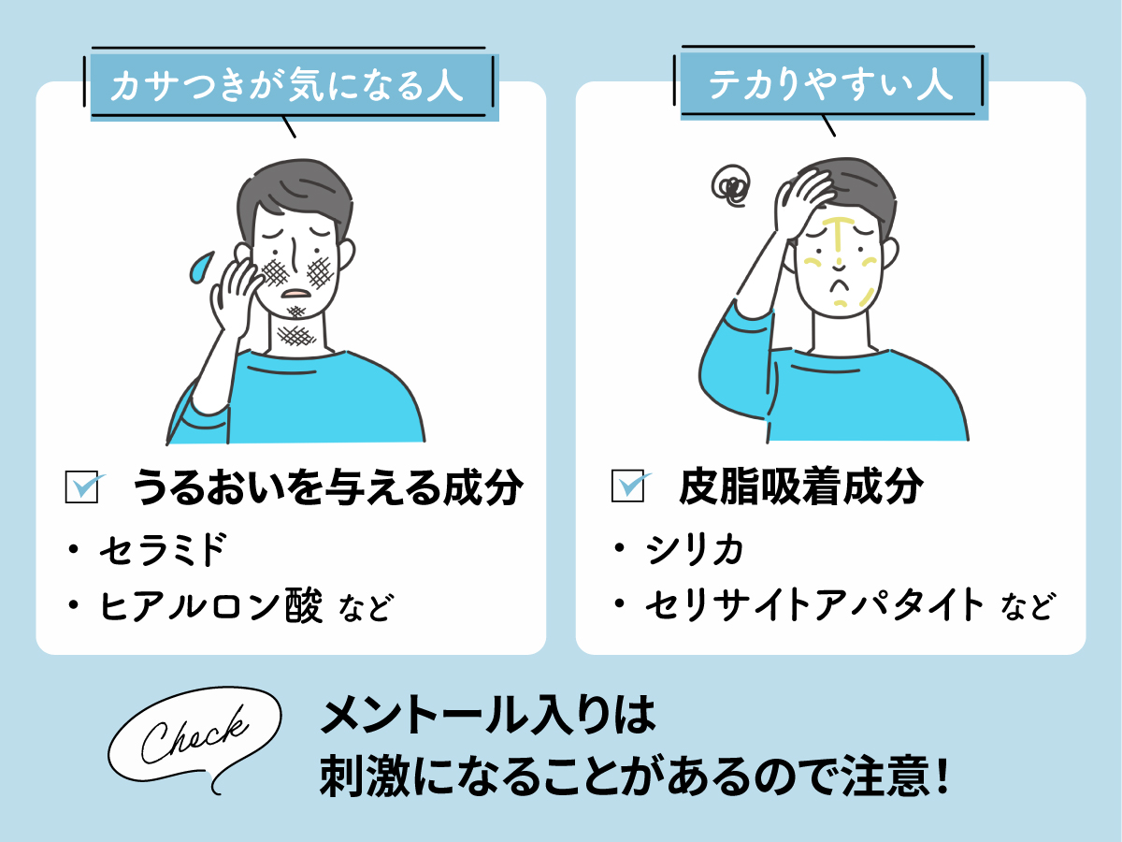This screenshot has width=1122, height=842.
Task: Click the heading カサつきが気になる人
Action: (x=287, y=87)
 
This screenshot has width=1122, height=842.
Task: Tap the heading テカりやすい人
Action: (x=830, y=87)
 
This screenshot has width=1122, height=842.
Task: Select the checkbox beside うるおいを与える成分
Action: (x=82, y=487)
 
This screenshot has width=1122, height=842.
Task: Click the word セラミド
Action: (x=163, y=552)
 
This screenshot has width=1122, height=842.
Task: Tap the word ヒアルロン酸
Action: (x=211, y=608)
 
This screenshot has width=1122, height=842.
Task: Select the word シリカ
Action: (x=694, y=552)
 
